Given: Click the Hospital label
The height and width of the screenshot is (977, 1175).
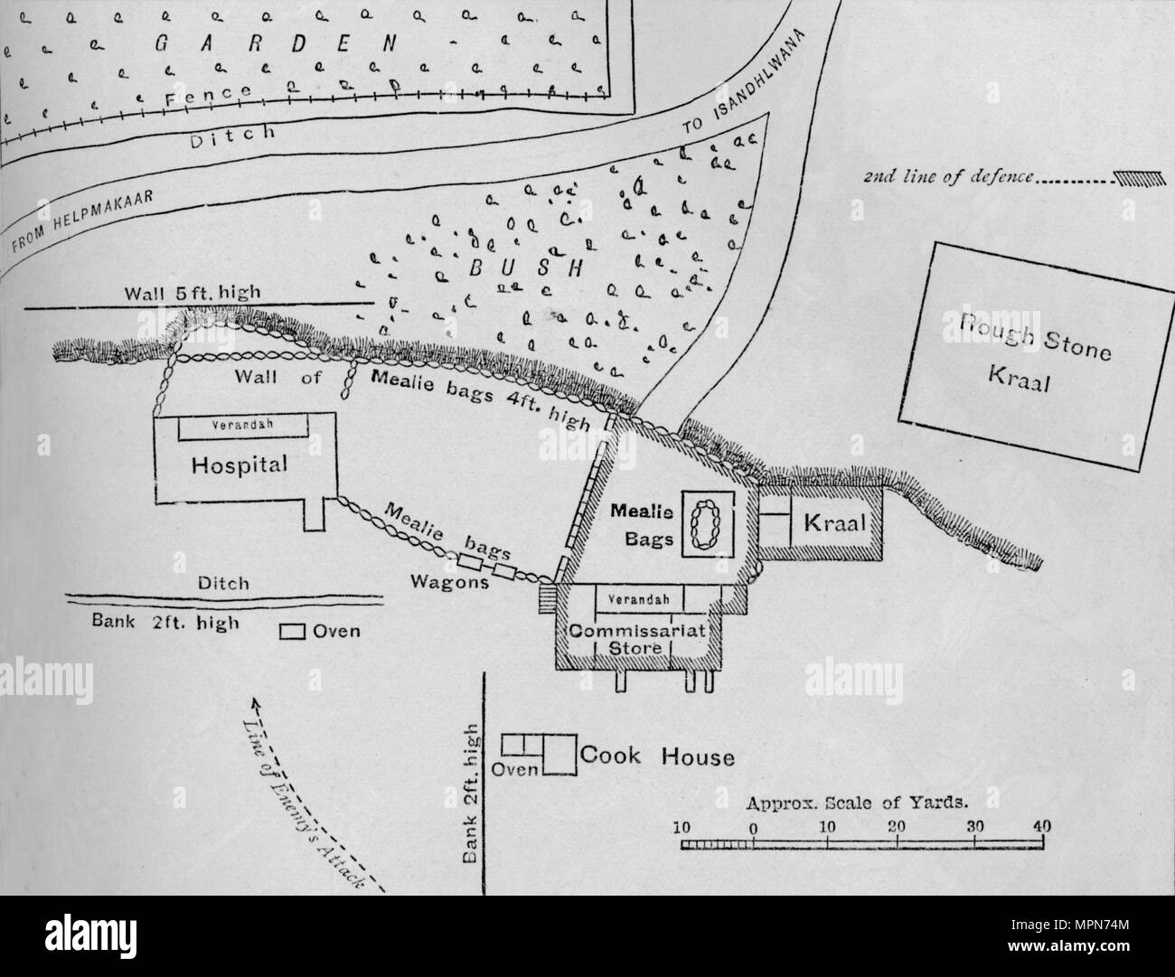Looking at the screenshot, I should coord(240,465).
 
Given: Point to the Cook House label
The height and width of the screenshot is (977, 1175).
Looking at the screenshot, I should coord(657,756).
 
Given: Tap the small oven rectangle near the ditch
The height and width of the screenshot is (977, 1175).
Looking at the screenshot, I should coord(291,632).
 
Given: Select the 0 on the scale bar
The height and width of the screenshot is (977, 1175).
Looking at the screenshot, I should coord(753,826).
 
